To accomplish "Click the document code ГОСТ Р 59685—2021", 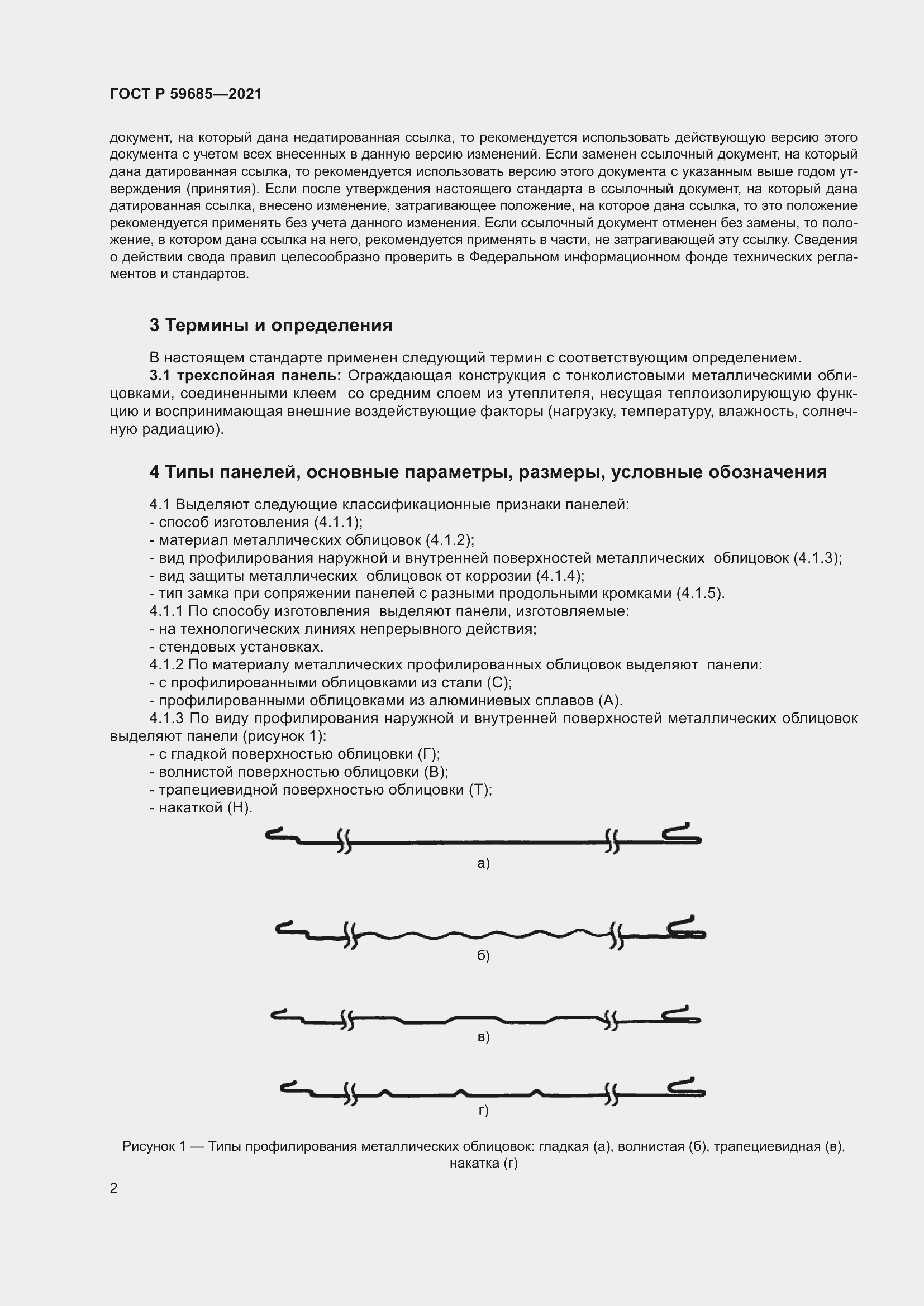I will pos(185,94).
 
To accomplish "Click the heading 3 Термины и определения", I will pos(271,325).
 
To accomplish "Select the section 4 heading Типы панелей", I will pos(488,472).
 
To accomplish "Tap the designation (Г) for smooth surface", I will pos(428,754).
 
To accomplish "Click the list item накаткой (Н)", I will pos(201,808).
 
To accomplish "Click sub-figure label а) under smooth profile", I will pos(483,863).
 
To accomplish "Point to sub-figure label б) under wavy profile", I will pos(483,956).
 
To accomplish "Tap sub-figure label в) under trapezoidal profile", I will pos(483,1037).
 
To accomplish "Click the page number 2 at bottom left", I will pos(114,1188).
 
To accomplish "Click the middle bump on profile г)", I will pos(462,1092).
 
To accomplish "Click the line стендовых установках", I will pos(237,647).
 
